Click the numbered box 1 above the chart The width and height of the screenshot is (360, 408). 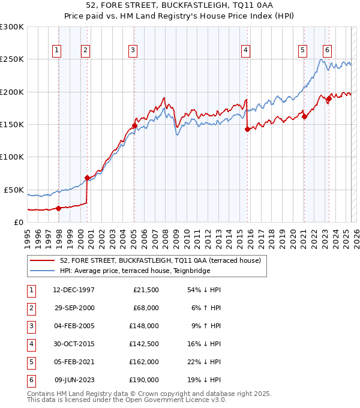pyautogui.click(x=56, y=50)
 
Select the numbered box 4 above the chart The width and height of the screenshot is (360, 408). pyautogui.click(x=246, y=50)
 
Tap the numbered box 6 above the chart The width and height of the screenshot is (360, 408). pyautogui.click(x=327, y=50)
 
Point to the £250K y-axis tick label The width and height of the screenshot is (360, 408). pyautogui.click(x=12, y=59)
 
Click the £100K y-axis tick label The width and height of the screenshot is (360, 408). pyautogui.click(x=12, y=157)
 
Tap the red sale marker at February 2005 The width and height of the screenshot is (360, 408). pyautogui.click(x=134, y=126)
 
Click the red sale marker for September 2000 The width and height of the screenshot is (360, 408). pyautogui.click(x=88, y=178)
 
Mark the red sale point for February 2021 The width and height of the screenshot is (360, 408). pyautogui.click(x=304, y=116)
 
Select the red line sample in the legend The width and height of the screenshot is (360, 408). pyautogui.click(x=41, y=261)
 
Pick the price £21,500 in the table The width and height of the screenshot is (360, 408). pyautogui.click(x=146, y=290)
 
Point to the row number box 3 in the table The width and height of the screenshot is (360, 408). pyautogui.click(x=30, y=326)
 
